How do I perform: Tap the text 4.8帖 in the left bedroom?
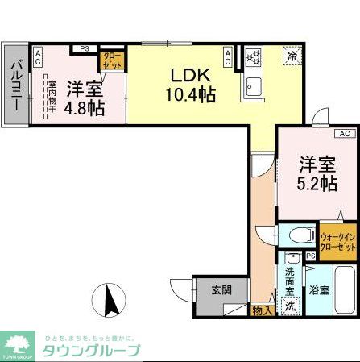pos(85,108)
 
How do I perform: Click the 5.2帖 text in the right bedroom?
pos(316,184)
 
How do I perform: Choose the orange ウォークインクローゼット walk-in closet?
pos(338,243)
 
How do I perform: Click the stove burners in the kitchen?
pos(254,56)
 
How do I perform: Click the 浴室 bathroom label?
pos(318,289)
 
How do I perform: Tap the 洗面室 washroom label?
pos(290,277)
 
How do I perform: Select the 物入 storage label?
pos(262,310)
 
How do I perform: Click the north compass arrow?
pos(112,302)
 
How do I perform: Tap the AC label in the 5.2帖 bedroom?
pos(344,133)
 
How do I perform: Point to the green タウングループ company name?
pos(90,349)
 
